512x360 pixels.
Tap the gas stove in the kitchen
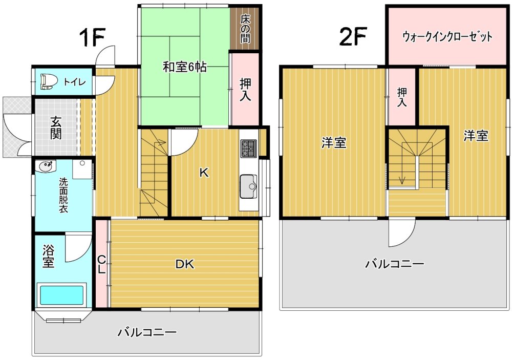click(249, 148)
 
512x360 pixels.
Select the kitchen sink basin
click(248, 186)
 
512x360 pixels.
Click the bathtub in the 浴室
click(62, 295)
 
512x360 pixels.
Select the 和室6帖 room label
click(184, 67)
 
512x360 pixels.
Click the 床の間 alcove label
click(245, 29)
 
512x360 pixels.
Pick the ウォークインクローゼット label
click(447, 36)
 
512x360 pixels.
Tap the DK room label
click(185, 264)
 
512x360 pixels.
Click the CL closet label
click(101, 265)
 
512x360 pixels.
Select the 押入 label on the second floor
click(402, 97)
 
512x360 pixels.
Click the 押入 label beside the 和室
click(246, 90)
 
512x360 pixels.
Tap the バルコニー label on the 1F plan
click(147, 333)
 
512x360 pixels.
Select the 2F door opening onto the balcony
click(401, 232)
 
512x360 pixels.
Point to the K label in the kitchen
click(204, 173)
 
